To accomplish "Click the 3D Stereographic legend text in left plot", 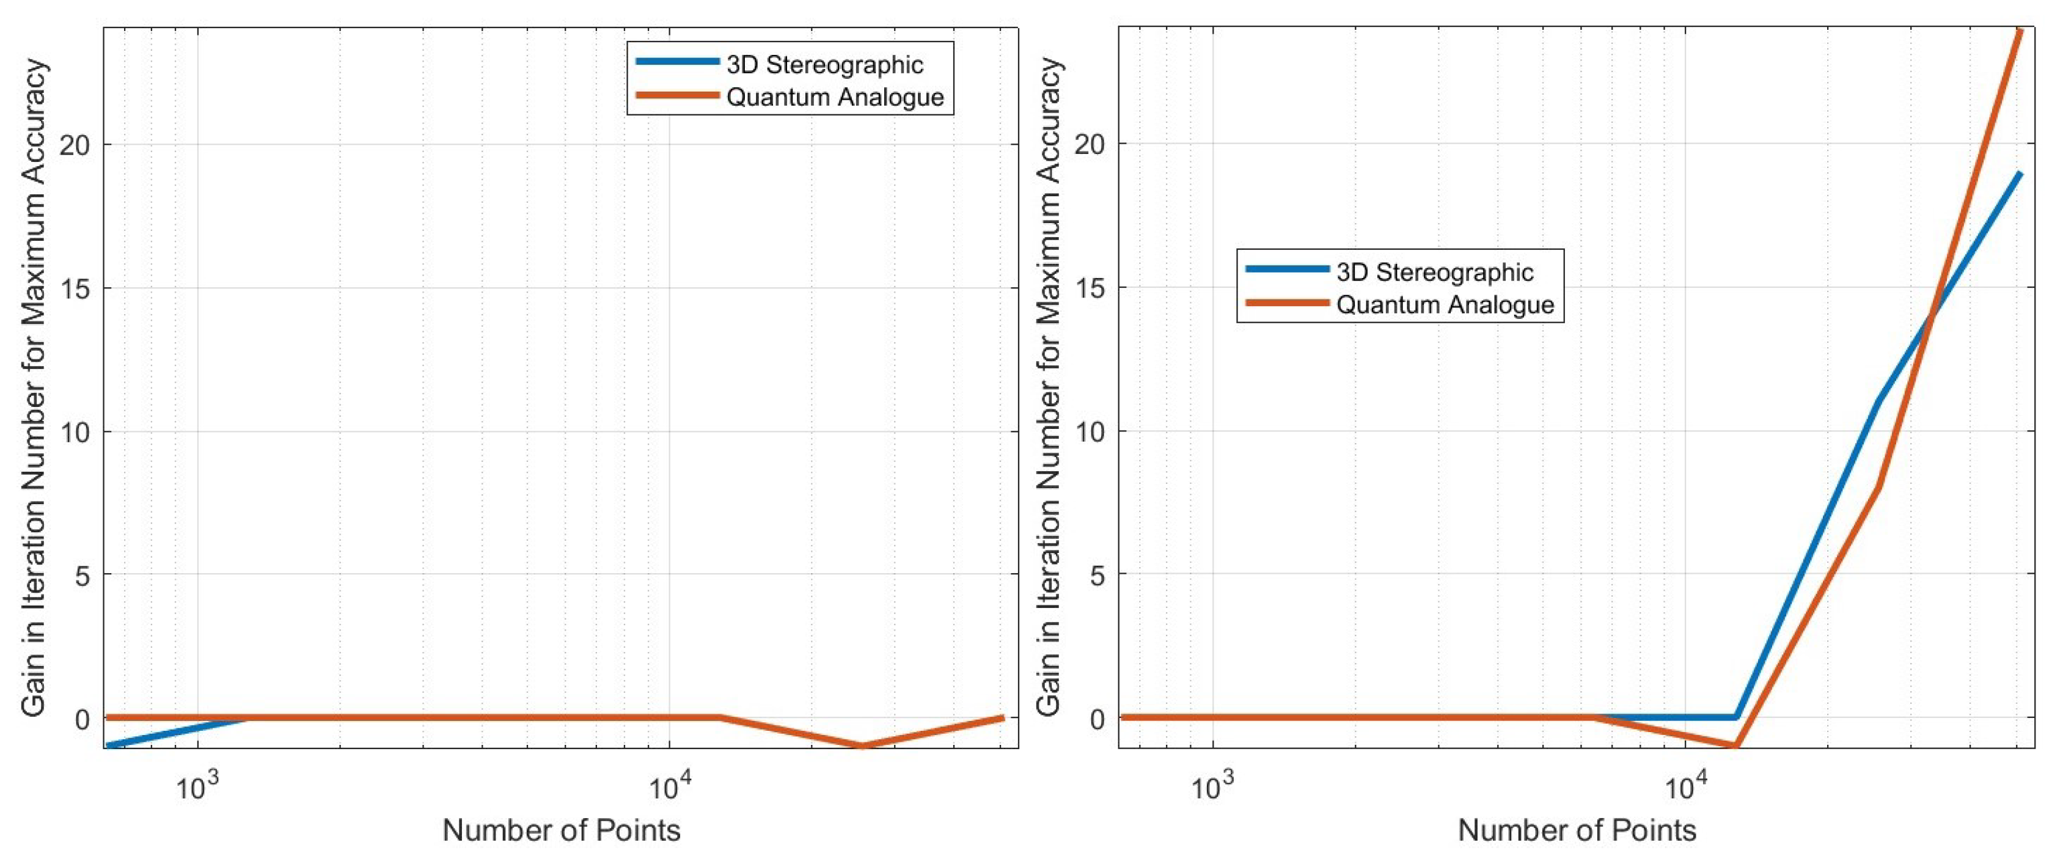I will click(x=825, y=65).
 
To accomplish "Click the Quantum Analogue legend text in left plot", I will click(x=835, y=98).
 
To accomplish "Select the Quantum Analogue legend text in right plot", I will click(x=1446, y=305).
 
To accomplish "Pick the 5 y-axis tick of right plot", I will click(x=1098, y=575).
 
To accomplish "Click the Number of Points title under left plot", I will click(x=562, y=830).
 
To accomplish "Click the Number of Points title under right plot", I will click(x=1577, y=830).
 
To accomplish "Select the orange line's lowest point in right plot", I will click(x=1735, y=745).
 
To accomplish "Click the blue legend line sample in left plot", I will click(x=676, y=62).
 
